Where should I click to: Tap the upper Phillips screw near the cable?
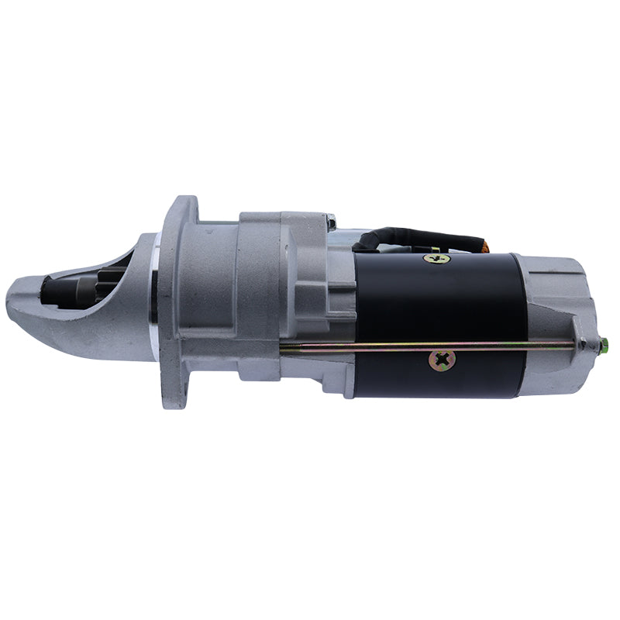[433, 258]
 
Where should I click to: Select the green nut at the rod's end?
[603, 344]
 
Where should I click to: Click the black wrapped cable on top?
[418, 237]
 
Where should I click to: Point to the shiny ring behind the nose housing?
[156, 310]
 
